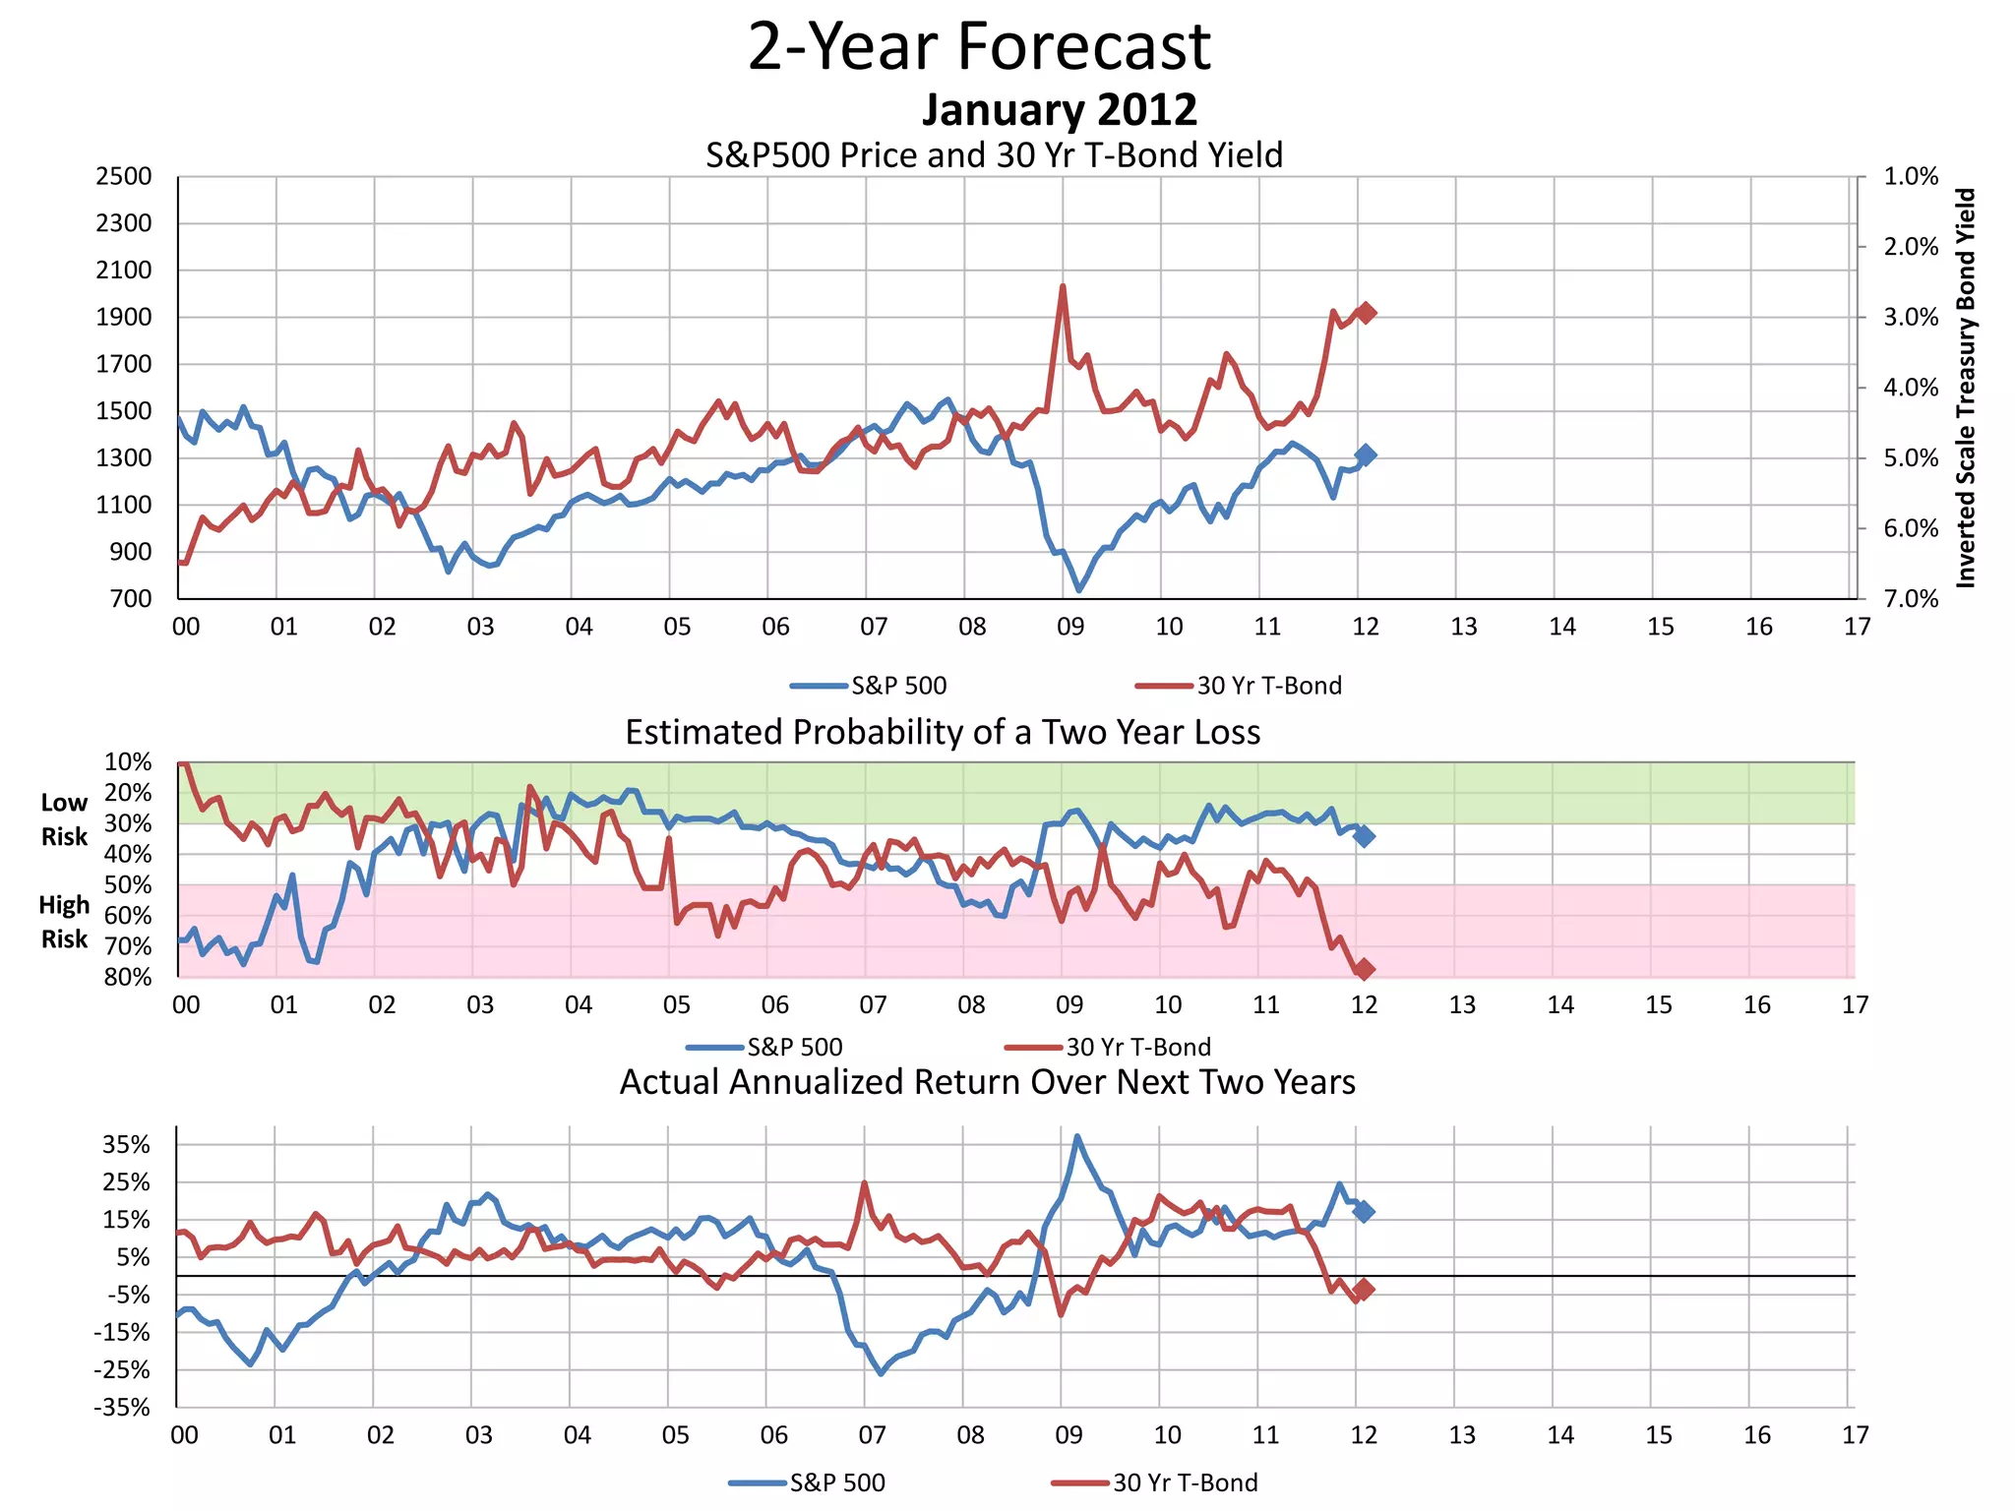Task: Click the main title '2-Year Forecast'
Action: pyautogui.click(x=979, y=47)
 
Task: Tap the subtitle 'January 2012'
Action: pyautogui.click(x=1059, y=110)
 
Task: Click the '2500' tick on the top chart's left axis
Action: pyautogui.click(x=124, y=177)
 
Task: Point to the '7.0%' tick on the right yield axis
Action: pyautogui.click(x=1910, y=599)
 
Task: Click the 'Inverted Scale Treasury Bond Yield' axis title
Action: pyautogui.click(x=1965, y=388)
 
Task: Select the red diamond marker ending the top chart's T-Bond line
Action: pyautogui.click(x=1366, y=313)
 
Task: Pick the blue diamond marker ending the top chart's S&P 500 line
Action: pyautogui.click(x=1366, y=454)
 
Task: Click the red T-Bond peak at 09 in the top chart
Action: pyautogui.click(x=1063, y=287)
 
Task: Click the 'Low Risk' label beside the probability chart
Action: pyautogui.click(x=64, y=819)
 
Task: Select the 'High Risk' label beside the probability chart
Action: pyautogui.click(x=64, y=922)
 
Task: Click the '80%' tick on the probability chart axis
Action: pyautogui.click(x=128, y=977)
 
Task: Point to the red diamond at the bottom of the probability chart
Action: pyautogui.click(x=1364, y=969)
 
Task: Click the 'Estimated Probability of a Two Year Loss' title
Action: pyautogui.click(x=943, y=733)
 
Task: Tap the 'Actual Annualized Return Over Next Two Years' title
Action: pyautogui.click(x=987, y=1082)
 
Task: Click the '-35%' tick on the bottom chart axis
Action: pyautogui.click(x=122, y=1407)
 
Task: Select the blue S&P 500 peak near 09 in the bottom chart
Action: pyautogui.click(x=1077, y=1137)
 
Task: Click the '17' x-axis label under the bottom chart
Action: pyautogui.click(x=1855, y=1435)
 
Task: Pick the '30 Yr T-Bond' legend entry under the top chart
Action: pyautogui.click(x=1268, y=686)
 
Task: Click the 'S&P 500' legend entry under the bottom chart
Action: pyautogui.click(x=836, y=1482)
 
